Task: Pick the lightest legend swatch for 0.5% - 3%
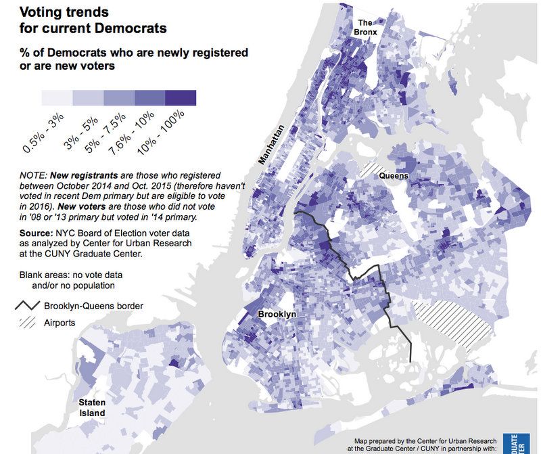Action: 57,97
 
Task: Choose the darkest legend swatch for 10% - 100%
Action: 181,97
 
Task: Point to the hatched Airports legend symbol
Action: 27,323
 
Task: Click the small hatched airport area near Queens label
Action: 373,169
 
